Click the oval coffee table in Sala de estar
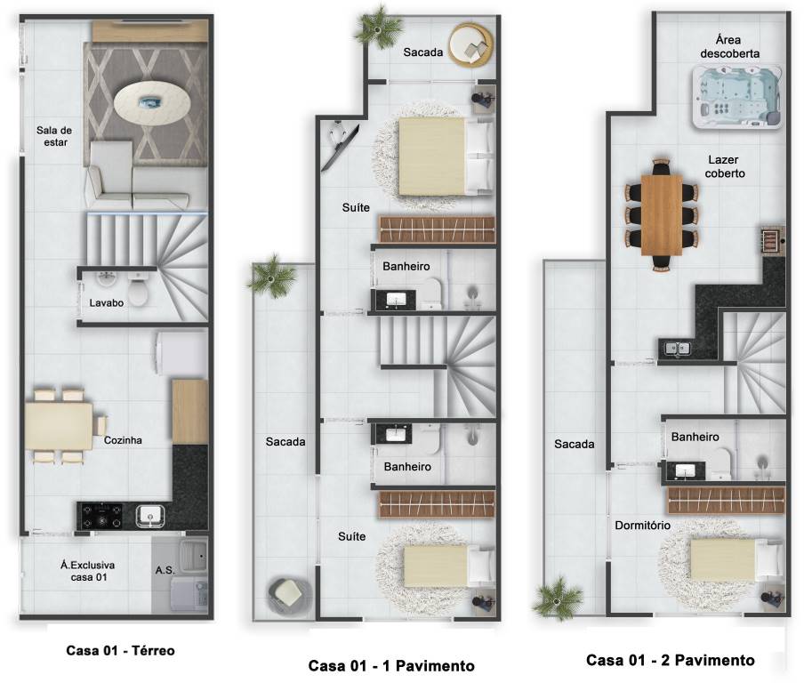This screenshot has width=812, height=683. pos(152,104)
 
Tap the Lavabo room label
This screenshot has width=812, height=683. pos(106,303)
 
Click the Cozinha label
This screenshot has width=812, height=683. pos(123,440)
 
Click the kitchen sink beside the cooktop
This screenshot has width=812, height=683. pos(150,516)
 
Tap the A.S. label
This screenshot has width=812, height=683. pos(165,570)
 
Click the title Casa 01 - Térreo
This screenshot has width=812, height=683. pos(120,650)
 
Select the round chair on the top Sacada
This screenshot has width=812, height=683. pos(470,45)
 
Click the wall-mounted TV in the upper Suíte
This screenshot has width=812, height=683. pos(340,147)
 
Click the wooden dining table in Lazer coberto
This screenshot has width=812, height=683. pos(662,215)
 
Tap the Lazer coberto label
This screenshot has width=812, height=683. pos(725,166)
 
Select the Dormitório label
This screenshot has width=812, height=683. pos(643,526)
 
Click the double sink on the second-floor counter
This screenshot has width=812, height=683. pos(676,348)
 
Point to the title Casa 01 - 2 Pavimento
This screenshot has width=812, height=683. pos(670,660)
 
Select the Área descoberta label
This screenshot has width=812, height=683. pos(729,46)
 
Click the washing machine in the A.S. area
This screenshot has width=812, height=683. pos(189,593)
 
